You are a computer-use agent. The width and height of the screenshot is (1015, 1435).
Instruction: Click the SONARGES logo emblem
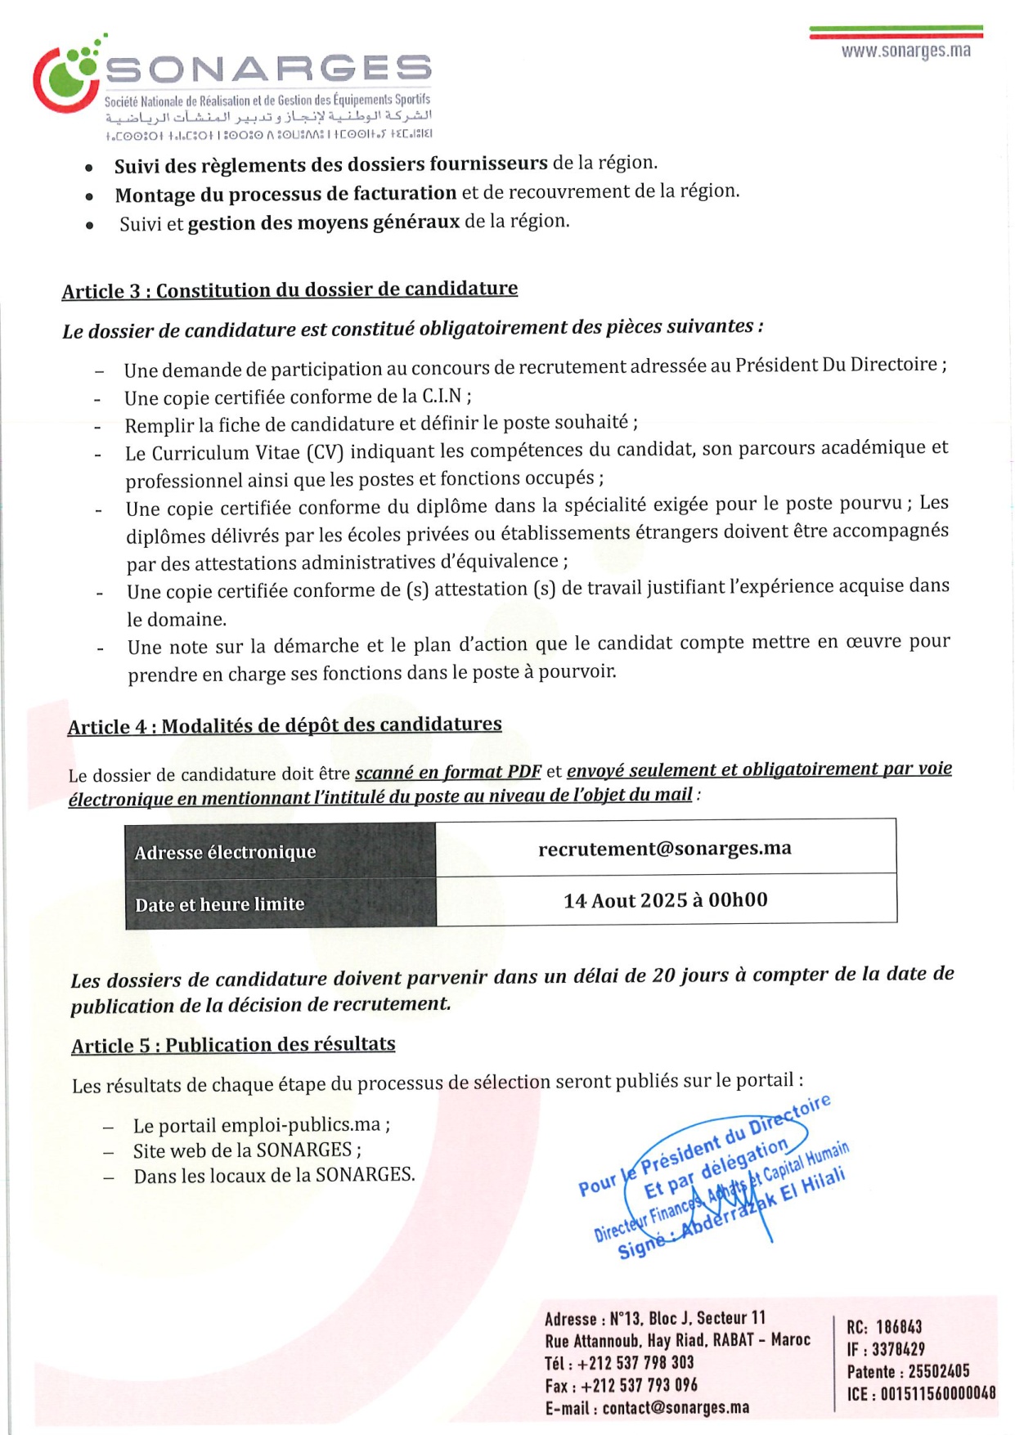[68, 78]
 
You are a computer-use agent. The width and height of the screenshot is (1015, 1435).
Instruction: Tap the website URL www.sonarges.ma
[905, 52]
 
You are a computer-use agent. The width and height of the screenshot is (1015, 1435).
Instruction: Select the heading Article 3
[290, 290]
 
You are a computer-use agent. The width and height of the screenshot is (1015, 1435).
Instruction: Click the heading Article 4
[285, 726]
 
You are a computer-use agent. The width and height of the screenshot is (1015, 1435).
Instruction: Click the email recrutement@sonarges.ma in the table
[665, 849]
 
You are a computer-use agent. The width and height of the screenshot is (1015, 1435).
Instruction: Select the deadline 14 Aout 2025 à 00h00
[665, 901]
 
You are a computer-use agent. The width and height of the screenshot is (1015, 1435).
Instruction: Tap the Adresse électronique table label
[226, 853]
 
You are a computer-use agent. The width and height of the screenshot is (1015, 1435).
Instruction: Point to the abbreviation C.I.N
[442, 397]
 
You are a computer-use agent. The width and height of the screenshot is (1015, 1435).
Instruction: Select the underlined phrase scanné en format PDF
[448, 773]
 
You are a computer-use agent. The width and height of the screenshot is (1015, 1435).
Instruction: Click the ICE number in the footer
[937, 1393]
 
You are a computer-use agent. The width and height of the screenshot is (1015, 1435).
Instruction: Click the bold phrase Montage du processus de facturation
[285, 195]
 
